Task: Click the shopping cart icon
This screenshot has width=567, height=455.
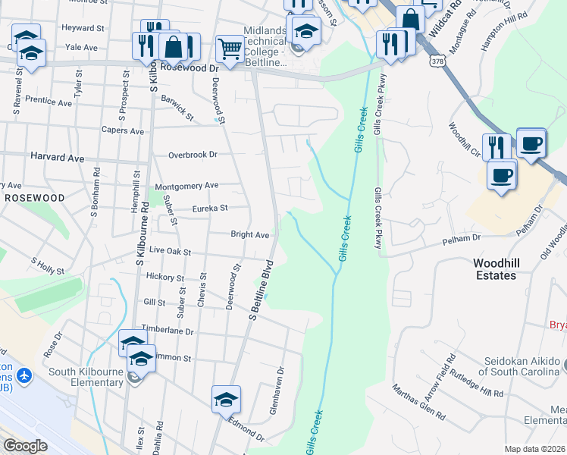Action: (x=228, y=49)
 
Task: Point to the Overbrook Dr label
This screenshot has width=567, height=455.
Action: (x=193, y=154)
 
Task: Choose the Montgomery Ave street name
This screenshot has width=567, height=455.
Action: (x=186, y=186)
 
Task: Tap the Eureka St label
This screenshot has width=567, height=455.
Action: (x=209, y=209)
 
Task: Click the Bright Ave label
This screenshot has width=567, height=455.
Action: (x=250, y=235)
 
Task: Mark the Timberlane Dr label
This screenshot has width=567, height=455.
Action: (x=168, y=331)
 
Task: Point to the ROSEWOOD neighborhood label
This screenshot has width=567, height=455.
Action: (x=34, y=197)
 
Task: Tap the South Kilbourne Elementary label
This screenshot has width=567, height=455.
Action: (x=86, y=377)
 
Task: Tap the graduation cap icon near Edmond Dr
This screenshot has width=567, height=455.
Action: (x=226, y=399)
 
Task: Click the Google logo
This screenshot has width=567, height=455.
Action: (x=25, y=447)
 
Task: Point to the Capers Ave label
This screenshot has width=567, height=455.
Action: (x=123, y=131)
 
